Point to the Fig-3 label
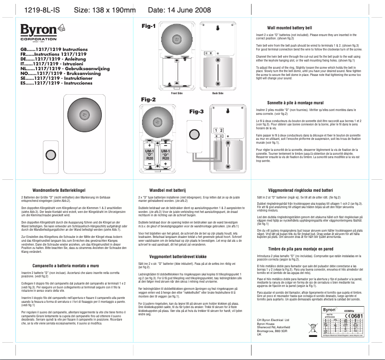[197, 112]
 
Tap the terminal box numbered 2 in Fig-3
[222, 131]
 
